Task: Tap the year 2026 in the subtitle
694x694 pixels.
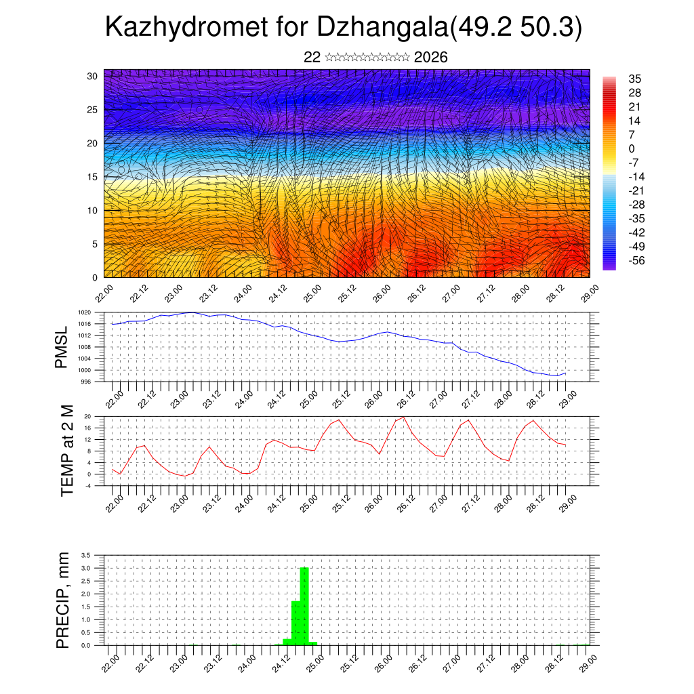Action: (x=430, y=58)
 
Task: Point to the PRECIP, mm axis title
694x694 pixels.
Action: (x=63, y=600)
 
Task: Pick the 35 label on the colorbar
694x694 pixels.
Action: (x=635, y=79)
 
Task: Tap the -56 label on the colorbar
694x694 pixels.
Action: (x=635, y=260)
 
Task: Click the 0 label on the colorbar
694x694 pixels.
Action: (x=632, y=149)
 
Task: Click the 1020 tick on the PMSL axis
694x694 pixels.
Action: (x=85, y=312)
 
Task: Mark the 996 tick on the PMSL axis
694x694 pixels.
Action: (x=86, y=382)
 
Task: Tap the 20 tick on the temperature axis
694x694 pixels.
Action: (x=88, y=416)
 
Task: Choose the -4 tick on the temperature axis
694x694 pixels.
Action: (x=88, y=486)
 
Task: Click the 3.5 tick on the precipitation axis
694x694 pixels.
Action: (x=85, y=555)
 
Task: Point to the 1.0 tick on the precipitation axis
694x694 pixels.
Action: (x=85, y=619)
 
